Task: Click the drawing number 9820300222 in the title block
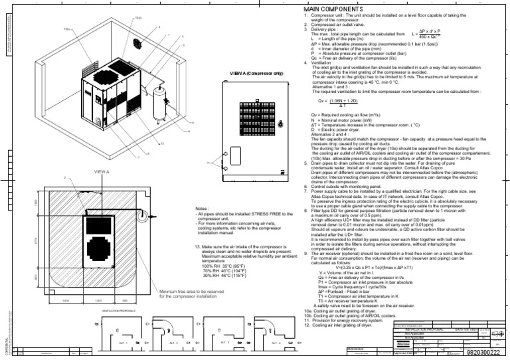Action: [487, 354]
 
